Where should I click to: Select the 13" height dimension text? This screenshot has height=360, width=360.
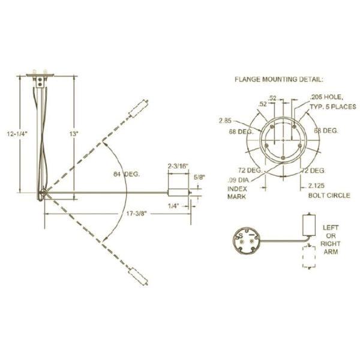74,136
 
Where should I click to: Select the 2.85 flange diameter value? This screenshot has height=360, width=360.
226,120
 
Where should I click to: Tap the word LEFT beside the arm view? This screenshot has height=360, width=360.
331,228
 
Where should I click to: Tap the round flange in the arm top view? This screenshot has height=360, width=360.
246,241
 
